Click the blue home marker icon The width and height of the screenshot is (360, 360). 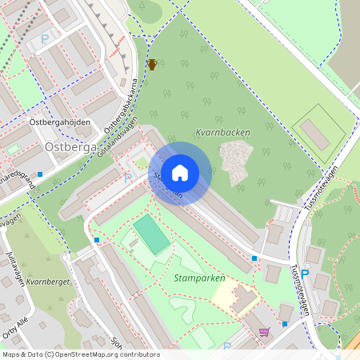click(180, 173)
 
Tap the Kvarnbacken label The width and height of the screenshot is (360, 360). click(222, 133)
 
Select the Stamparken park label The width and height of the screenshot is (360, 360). click(198, 278)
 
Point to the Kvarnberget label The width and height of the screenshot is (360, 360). click(48, 282)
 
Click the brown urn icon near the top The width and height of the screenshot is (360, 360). click(152, 64)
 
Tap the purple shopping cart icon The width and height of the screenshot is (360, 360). click(265, 332)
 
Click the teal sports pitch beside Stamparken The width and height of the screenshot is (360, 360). click(151, 233)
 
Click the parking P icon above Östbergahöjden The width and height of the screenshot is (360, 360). click(46, 38)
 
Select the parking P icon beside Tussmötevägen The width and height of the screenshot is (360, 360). click(305, 273)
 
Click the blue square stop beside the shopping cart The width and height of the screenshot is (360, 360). click(284, 323)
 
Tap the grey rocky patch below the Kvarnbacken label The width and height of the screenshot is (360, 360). click(235, 160)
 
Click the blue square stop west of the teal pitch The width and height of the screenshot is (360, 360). click(97, 239)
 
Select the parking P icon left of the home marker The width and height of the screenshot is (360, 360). click(128, 178)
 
